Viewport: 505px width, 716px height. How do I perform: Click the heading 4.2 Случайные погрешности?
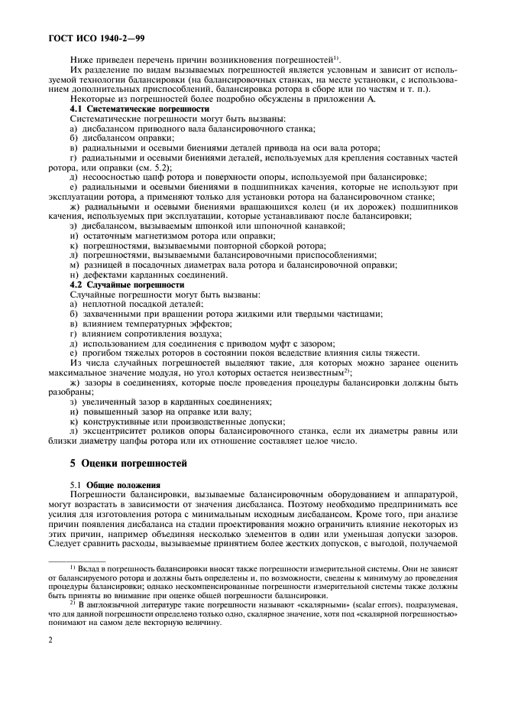[x=115, y=285]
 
